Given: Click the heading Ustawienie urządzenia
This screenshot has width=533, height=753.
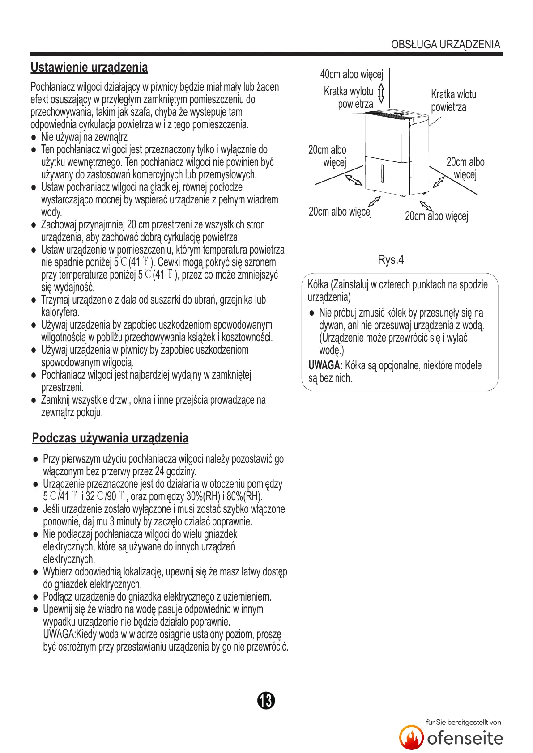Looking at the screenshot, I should (x=89, y=68).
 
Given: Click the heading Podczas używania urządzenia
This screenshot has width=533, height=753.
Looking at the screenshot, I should (x=110, y=438).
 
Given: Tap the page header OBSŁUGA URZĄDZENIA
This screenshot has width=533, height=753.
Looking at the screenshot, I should (x=445, y=44).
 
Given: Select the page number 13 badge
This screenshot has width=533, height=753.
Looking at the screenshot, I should (x=266, y=700).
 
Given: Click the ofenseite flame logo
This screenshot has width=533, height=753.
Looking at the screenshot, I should (x=411, y=737).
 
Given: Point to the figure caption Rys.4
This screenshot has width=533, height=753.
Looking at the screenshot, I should (x=391, y=260).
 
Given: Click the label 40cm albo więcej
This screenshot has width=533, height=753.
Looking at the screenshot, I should (x=351, y=74).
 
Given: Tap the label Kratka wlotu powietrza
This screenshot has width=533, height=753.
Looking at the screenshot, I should (x=453, y=101).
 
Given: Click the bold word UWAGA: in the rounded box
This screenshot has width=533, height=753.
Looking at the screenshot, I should (x=325, y=366).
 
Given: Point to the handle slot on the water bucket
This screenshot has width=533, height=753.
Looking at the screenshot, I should (x=382, y=173).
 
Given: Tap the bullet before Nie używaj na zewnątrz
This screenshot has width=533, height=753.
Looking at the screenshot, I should (x=34, y=138).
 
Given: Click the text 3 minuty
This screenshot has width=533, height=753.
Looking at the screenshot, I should (x=127, y=521).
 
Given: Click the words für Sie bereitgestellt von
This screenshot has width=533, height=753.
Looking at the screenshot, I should (x=463, y=722).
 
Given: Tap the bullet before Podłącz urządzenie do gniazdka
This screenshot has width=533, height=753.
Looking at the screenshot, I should (x=36, y=597).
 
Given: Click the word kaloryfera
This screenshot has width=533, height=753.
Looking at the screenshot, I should (x=60, y=312).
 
